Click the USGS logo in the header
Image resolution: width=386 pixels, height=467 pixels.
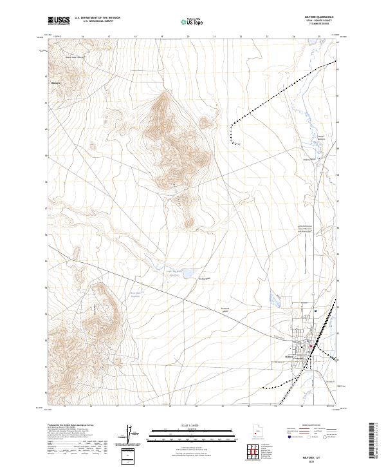tap(59, 21)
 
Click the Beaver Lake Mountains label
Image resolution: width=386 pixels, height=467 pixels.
tap(75, 57)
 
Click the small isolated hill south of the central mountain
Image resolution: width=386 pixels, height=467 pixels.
tap(188, 222)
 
